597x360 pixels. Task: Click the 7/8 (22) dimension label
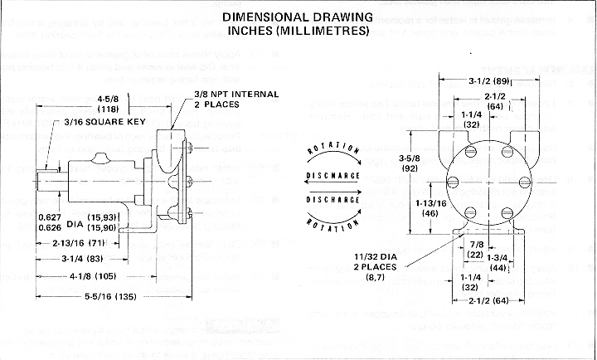coord(475,250)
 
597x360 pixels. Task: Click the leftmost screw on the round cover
coord(453,182)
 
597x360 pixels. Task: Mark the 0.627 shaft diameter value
coord(51,218)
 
